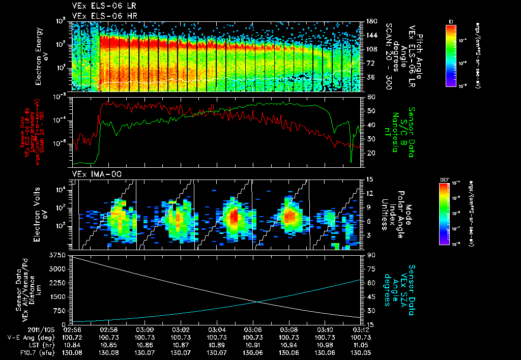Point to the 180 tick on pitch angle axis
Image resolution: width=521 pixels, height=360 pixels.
tap(371, 21)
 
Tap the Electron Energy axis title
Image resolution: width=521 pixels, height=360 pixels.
tap(39, 56)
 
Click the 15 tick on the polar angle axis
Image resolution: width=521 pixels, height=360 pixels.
tap(370, 179)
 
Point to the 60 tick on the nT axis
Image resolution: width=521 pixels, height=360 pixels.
tap(370, 97)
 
